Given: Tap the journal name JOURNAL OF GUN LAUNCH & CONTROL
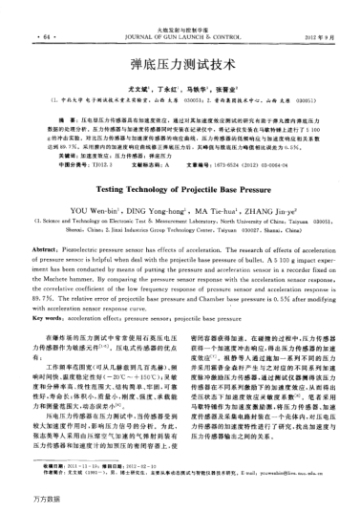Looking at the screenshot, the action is [x=180, y=13].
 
